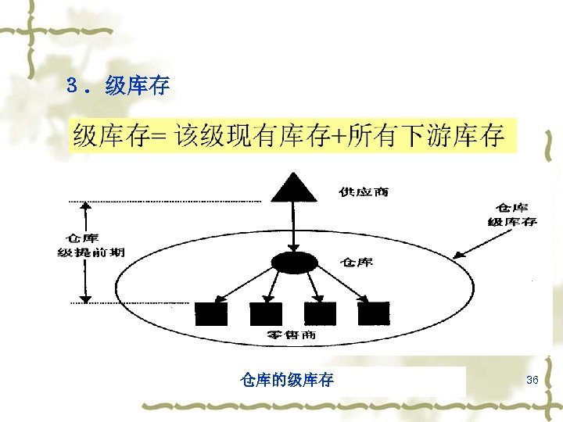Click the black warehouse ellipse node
[x=291, y=263]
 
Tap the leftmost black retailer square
[x=211, y=313]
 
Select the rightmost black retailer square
[x=373, y=313]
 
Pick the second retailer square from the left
[x=266, y=313]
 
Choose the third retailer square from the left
[x=319, y=313]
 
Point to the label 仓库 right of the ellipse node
[x=357, y=263]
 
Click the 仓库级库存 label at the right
[x=512, y=215]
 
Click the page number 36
[x=532, y=380]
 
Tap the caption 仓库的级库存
[x=288, y=381]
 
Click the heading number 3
[x=73, y=85]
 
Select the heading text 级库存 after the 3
[x=138, y=85]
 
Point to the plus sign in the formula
[x=338, y=137]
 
